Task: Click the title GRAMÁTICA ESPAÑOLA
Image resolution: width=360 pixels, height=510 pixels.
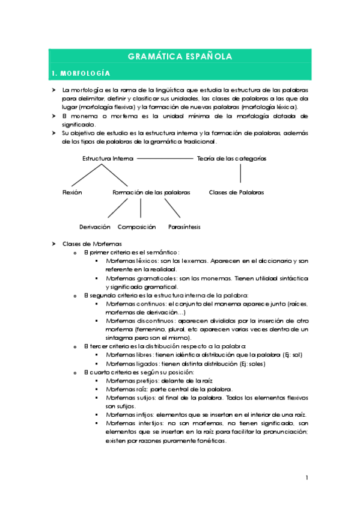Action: (180, 57)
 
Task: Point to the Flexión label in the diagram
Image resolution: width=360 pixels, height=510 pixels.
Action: (72, 192)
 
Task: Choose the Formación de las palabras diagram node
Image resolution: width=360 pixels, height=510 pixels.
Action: (151, 192)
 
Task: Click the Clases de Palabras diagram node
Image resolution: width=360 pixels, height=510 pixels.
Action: (236, 192)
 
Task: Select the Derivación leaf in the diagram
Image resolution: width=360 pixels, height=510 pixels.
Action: (95, 227)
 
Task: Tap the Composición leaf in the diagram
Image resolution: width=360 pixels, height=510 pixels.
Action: (136, 227)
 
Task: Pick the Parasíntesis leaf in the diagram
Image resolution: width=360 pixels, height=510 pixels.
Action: (184, 227)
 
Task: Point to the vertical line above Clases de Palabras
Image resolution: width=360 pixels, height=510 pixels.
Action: (240, 173)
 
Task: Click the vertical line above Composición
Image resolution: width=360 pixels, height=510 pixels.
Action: (141, 208)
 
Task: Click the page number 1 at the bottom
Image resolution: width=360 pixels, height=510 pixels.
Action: (306, 478)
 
